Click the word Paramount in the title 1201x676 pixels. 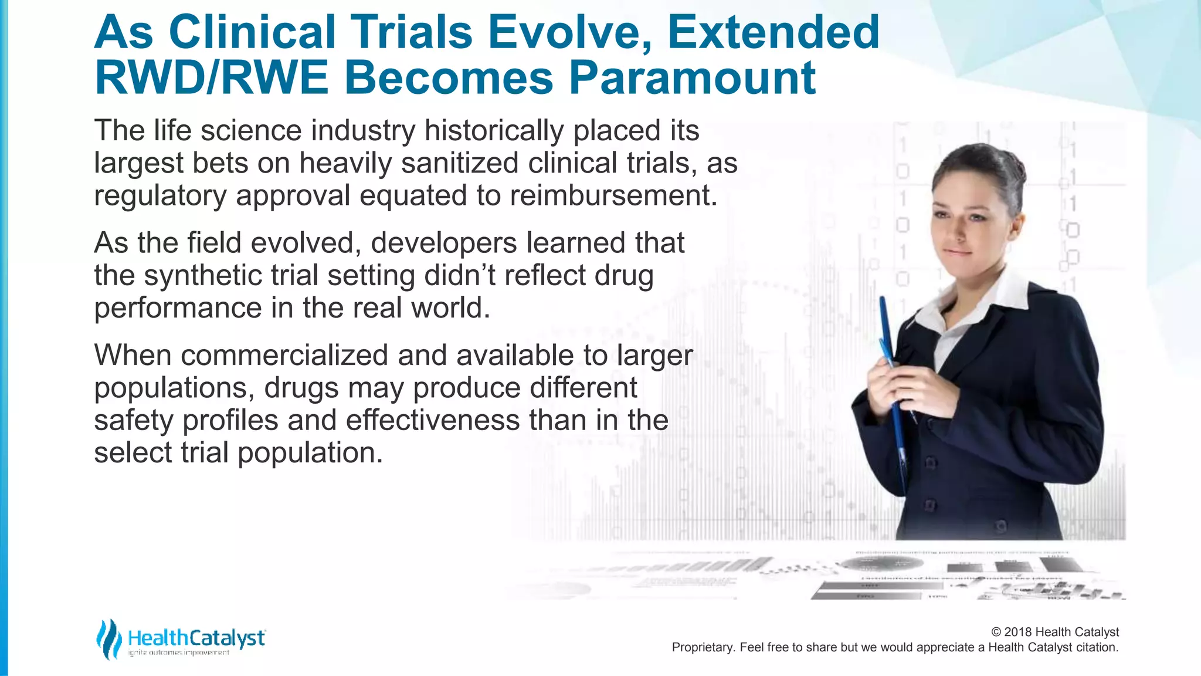coord(692,79)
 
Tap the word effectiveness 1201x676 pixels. coord(432,421)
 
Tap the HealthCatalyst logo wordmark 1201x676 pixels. coord(196,638)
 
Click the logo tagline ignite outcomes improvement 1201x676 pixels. coord(179,653)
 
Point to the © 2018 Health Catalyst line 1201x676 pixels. coord(1054,632)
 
